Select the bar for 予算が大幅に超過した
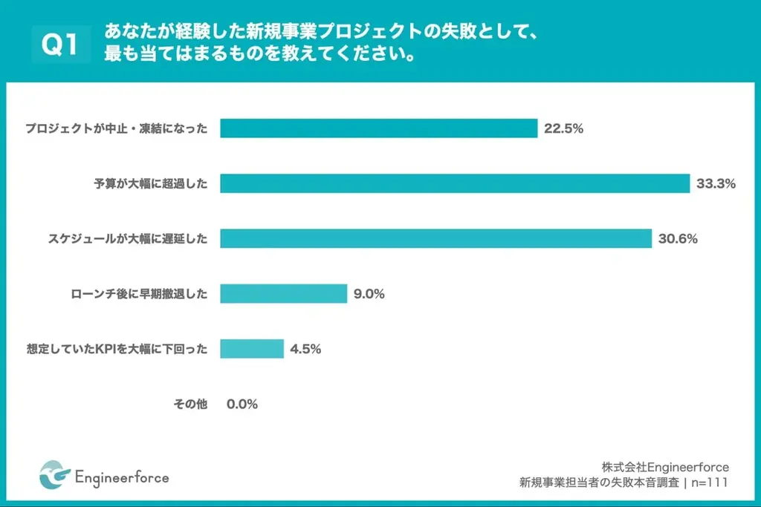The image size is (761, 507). point(455,183)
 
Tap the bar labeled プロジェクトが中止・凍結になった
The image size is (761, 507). point(378,128)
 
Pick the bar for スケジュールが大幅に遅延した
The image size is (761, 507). point(435,238)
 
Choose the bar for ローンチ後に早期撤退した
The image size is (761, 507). point(283,294)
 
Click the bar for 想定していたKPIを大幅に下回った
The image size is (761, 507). point(252,349)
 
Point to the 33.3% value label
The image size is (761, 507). point(716,183)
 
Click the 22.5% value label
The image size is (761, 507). point(563,128)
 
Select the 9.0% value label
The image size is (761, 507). point(369,294)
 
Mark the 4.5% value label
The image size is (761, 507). point(305,349)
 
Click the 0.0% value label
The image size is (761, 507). point(242,404)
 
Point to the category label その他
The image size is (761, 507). point(190,404)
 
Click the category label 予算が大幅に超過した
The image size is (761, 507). point(146,183)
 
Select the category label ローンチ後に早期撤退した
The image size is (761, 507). point(135,294)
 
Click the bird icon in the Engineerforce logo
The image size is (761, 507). point(54,476)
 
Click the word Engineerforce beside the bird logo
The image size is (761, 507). point(122,477)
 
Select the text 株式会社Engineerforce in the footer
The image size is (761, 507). point(665,467)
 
